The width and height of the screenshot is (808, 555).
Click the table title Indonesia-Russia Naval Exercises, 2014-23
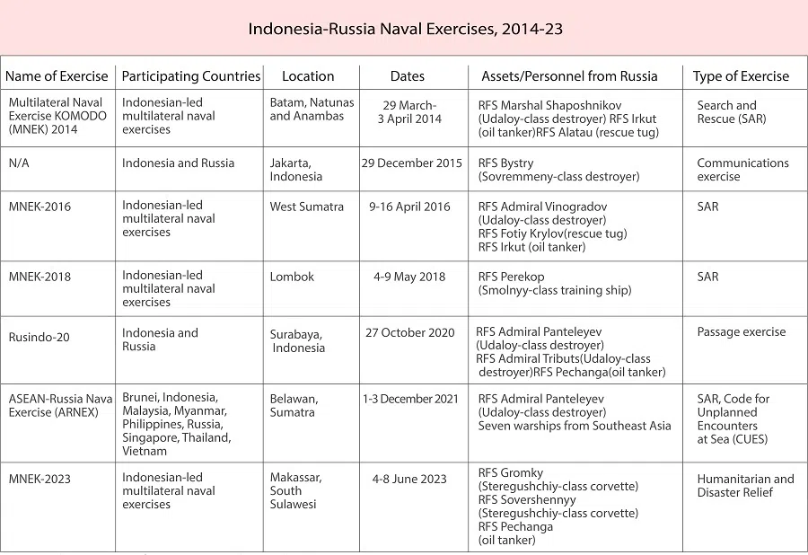pos(405,29)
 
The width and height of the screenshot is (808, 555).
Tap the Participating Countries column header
pos(191,76)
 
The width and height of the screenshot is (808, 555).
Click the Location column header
pos(308,76)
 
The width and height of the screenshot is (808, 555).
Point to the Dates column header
pos(408,76)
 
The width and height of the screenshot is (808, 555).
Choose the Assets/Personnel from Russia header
pos(569,76)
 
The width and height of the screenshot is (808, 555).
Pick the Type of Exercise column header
pos(741,76)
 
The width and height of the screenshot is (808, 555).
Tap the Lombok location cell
pos(293,277)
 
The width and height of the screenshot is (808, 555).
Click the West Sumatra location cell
pos(307,207)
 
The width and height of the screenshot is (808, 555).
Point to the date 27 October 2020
pos(410,332)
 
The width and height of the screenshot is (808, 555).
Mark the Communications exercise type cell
pos(742,170)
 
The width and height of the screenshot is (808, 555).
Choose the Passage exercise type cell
pos(742,332)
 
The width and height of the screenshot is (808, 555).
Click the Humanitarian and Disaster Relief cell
pos(745,485)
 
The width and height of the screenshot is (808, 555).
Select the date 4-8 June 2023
pos(409,479)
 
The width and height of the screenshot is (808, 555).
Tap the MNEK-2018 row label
pos(40,277)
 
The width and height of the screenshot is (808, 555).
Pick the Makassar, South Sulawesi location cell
pos(296,490)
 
